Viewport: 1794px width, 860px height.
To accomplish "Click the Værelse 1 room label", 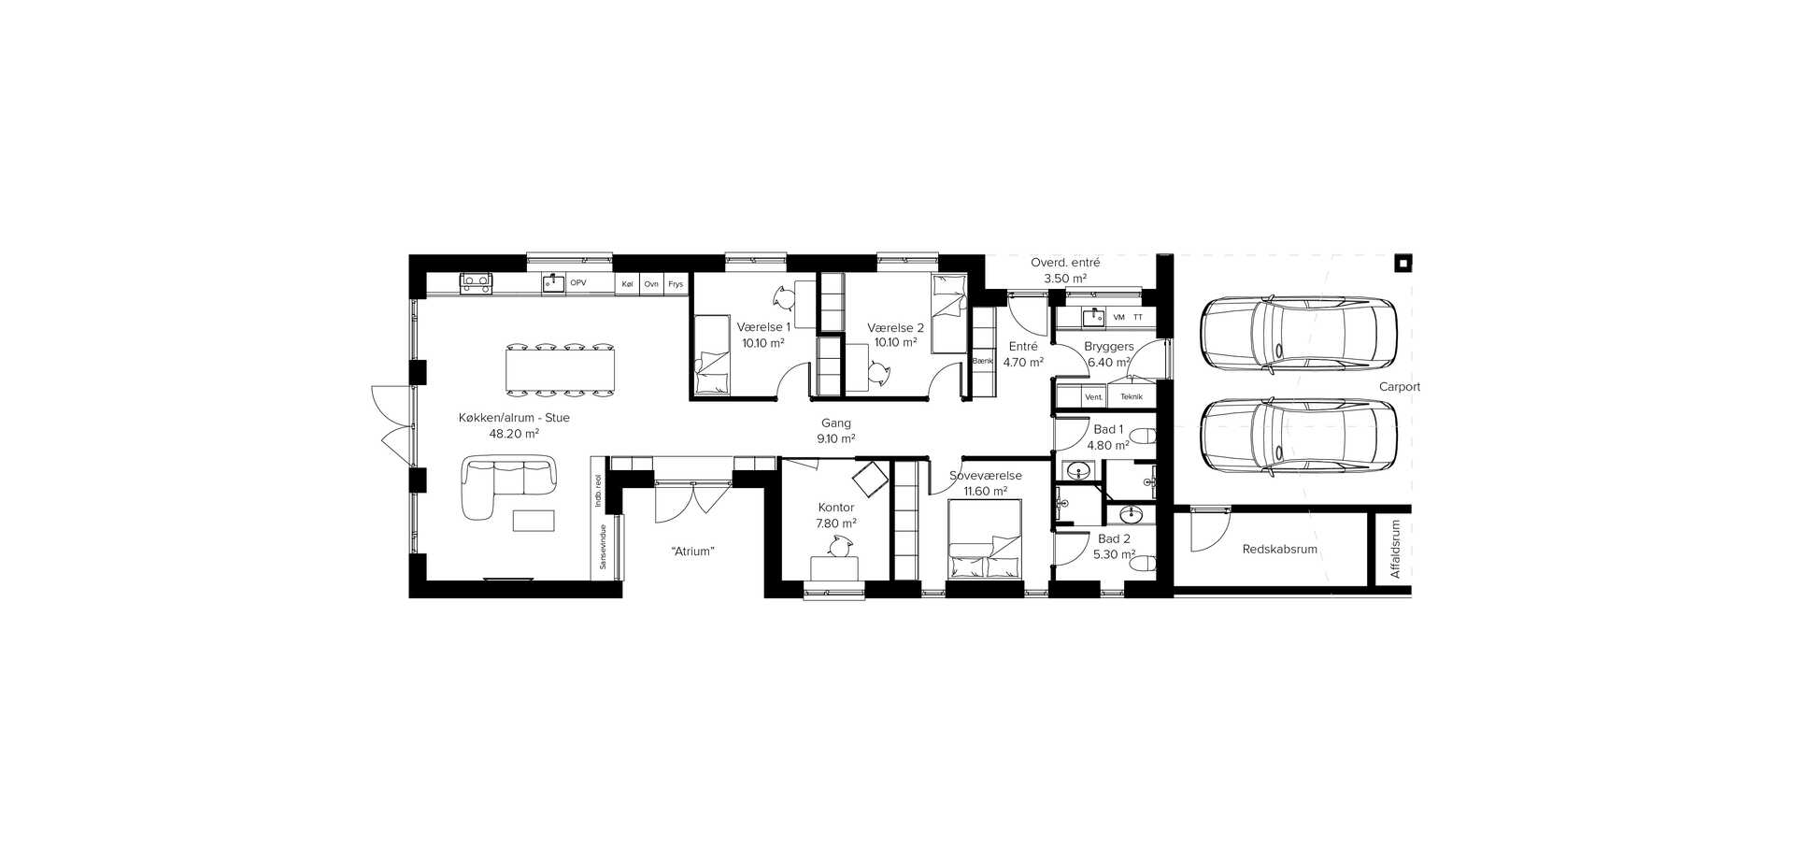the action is click(763, 327).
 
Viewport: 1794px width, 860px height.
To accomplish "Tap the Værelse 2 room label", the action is click(895, 327).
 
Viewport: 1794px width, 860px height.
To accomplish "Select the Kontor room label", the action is click(836, 508).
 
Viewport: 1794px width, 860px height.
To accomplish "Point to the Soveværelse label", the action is click(985, 476).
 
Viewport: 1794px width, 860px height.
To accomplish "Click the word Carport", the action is click(1400, 387).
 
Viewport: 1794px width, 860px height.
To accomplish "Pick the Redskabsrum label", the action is click(1279, 550).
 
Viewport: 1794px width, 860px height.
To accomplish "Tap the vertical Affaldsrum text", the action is click(1396, 550).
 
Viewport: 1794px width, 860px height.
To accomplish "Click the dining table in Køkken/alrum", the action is click(561, 367).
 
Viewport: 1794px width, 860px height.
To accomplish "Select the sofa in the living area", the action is click(509, 485).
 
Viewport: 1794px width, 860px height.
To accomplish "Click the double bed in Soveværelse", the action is click(985, 539).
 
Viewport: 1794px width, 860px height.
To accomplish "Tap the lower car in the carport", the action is click(1298, 437).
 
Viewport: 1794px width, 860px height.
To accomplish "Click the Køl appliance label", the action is click(627, 284).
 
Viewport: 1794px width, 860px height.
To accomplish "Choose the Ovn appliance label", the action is click(651, 284).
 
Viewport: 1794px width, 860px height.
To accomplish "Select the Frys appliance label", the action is click(676, 284).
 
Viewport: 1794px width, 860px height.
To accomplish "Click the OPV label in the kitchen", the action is click(578, 282).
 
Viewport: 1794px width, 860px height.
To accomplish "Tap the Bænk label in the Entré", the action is click(982, 361).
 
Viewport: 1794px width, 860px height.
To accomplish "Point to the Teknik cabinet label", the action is click(1132, 396).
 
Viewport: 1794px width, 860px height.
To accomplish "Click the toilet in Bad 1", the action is click(1143, 437).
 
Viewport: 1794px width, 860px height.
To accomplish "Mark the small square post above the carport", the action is click(1403, 263).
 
